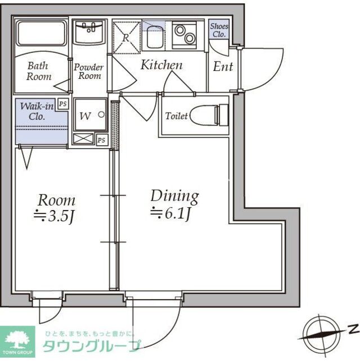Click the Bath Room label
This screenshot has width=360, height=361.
[x=38, y=70]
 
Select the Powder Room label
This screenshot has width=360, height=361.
[x=89, y=72]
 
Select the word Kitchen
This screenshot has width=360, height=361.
[x=161, y=65]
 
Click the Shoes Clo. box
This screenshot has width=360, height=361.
[x=218, y=30]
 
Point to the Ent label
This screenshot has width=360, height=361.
[x=223, y=67]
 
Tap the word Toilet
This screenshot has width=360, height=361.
[x=176, y=117]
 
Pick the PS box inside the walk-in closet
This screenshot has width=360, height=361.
[x=63, y=104]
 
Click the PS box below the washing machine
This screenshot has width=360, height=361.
[x=101, y=140]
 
